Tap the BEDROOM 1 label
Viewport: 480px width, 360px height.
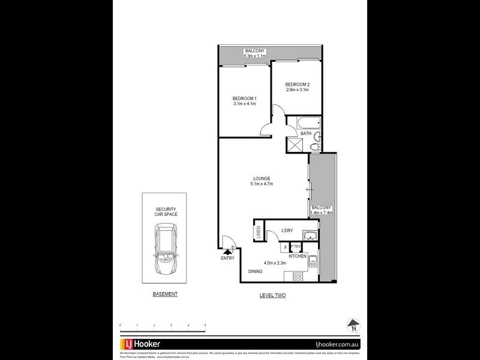coord(245,98)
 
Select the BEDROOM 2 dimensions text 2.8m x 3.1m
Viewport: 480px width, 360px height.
coord(297,90)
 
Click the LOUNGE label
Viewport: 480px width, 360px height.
coord(262,178)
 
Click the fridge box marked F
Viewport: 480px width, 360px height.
coord(285,247)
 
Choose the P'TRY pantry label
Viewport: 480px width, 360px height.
coord(295,247)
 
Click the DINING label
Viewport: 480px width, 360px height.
coord(256,271)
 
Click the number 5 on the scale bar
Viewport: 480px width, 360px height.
coord(206,325)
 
